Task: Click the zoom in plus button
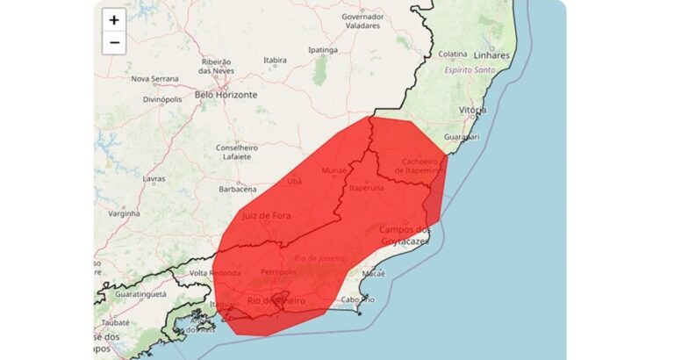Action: (x=114, y=20)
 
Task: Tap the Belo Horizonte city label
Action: (x=226, y=94)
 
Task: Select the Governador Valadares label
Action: (x=363, y=22)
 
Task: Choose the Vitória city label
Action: (x=472, y=110)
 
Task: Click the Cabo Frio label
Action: (x=357, y=300)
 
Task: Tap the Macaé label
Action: (x=374, y=274)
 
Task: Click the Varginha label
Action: (x=124, y=212)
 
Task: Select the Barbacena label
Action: (x=237, y=189)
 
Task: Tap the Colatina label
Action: (x=453, y=54)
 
